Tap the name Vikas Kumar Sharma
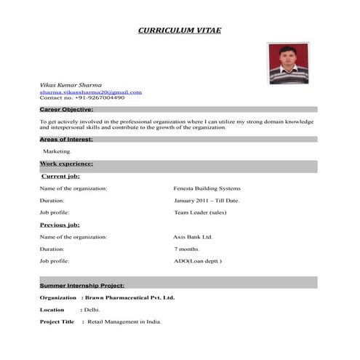pyautogui.click(x=71, y=86)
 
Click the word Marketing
pyautogui.click(x=57, y=151)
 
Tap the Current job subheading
pyautogui.click(x=60, y=176)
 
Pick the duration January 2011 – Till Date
pyautogui.click(x=207, y=200)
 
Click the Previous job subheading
pyautogui.click(x=60, y=225)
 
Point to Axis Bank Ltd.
pyautogui.click(x=193, y=237)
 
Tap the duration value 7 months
pyautogui.click(x=187, y=249)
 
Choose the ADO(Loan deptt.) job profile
pyautogui.click(x=198, y=260)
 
